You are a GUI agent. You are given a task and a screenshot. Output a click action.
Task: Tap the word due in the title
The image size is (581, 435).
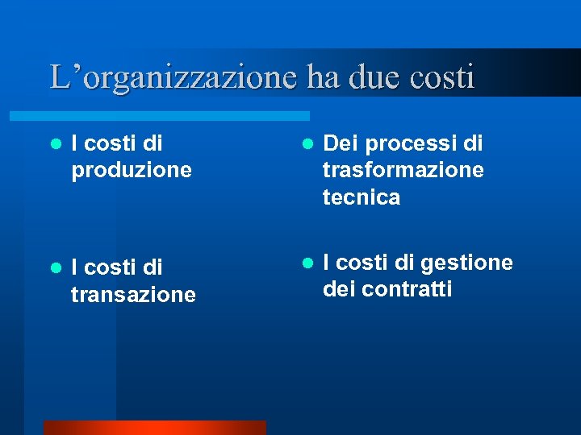click(377, 77)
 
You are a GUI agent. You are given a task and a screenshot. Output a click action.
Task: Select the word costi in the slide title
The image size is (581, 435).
click(442, 77)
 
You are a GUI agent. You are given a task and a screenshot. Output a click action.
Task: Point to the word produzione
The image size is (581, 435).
click(132, 171)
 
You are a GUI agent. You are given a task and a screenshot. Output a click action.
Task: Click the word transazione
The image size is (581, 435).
click(133, 296)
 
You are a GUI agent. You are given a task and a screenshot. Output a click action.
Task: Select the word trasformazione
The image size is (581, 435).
click(403, 171)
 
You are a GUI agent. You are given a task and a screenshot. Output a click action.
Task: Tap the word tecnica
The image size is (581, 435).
click(361, 198)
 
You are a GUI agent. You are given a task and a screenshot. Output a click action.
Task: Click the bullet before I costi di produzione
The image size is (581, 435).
click(56, 145)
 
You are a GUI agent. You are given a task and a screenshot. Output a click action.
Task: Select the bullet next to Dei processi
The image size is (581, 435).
click(307, 145)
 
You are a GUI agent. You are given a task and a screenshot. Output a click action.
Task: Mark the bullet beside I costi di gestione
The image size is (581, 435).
click(307, 263)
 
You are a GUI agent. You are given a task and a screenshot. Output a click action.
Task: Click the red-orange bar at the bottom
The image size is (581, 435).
click(154, 428)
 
